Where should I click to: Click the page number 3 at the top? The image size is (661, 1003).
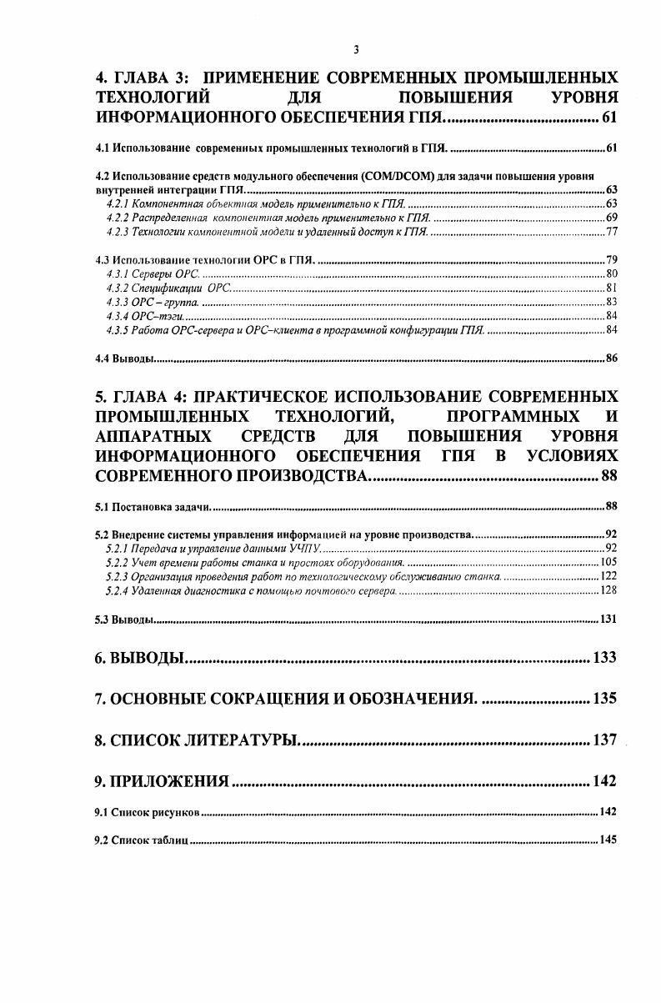click(x=356, y=50)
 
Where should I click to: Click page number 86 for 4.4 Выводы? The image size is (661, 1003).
click(x=610, y=359)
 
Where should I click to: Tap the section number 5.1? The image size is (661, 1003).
click(x=103, y=506)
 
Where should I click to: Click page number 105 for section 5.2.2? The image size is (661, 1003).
click(x=608, y=562)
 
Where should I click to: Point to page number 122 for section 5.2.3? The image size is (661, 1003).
click(x=608, y=576)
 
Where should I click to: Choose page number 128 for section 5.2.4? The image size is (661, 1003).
click(x=608, y=590)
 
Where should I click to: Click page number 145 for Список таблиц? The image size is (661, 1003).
click(x=608, y=840)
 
